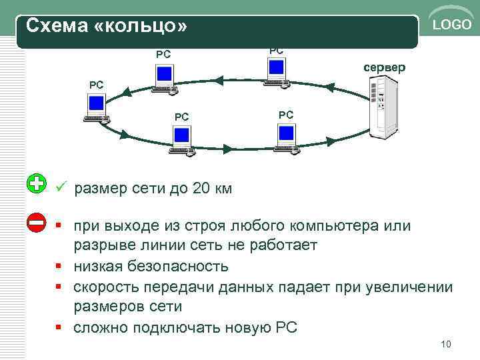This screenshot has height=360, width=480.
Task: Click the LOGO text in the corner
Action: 452,25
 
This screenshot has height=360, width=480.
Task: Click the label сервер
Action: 383,68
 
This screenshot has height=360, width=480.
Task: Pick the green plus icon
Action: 37,183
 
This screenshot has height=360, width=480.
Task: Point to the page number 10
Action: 446,344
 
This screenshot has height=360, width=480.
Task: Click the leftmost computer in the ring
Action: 97,107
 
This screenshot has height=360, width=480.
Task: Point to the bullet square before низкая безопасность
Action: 61,267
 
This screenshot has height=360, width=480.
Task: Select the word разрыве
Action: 101,246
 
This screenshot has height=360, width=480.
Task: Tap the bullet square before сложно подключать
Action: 61,327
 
